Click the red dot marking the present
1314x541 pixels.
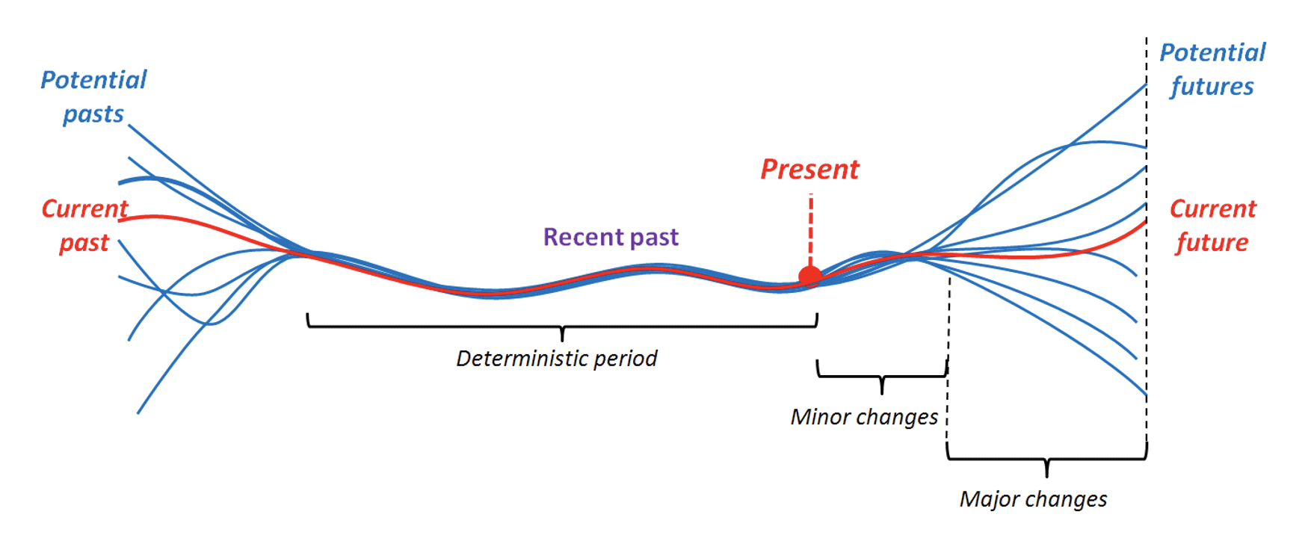pos(810,276)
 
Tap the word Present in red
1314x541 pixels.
pos(809,170)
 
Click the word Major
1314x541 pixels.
pos(988,499)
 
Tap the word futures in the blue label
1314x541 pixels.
pos(1212,87)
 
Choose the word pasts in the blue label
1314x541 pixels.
pos(93,114)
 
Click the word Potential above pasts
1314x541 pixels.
pos(93,80)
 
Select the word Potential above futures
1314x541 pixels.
pos(1212,53)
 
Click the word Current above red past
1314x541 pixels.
pos(84,209)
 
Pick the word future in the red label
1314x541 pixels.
pos(1212,243)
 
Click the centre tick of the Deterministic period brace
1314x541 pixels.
pos(562,336)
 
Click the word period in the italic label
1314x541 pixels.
pos(626,359)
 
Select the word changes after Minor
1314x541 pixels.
pos(896,417)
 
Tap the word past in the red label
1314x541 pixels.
pos(84,244)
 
